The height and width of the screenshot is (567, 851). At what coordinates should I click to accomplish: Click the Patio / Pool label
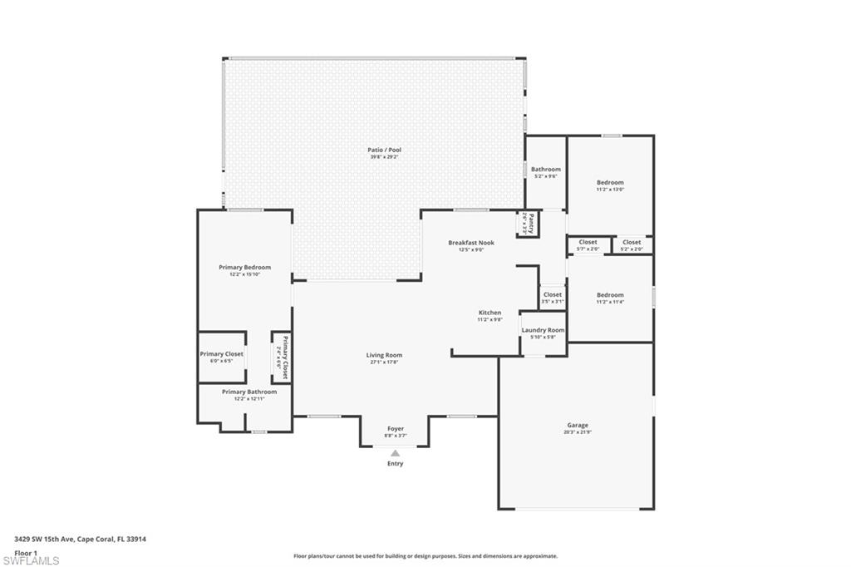point(384,150)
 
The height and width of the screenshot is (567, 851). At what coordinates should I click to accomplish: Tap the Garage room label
point(577,426)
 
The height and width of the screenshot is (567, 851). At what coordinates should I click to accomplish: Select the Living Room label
point(384,356)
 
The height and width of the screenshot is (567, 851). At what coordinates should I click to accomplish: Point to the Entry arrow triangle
point(396,453)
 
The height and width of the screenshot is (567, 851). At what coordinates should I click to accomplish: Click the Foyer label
point(396,429)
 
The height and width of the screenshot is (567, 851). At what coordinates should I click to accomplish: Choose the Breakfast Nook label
point(471,243)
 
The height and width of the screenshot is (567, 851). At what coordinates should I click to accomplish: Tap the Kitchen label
point(489,313)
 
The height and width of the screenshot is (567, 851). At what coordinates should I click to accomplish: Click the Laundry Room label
point(543,330)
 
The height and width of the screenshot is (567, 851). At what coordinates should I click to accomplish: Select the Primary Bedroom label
point(244,268)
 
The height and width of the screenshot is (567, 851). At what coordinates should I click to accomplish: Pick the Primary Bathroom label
point(249,392)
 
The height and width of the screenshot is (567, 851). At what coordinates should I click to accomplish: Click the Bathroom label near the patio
point(545,170)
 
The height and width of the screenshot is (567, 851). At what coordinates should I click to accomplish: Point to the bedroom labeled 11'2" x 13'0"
point(609,183)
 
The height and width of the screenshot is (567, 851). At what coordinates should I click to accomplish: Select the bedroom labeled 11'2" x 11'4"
point(609,295)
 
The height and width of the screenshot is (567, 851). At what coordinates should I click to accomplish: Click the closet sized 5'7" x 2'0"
point(588,243)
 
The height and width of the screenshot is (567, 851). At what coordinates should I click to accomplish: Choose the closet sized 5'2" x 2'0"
point(632,243)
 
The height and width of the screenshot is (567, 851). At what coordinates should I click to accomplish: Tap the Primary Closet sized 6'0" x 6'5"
point(221,354)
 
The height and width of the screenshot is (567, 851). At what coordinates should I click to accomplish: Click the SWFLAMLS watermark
point(31,560)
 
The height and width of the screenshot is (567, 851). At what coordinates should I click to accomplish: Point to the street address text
point(81,539)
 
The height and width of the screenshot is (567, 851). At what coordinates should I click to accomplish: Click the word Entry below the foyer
point(396,464)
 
